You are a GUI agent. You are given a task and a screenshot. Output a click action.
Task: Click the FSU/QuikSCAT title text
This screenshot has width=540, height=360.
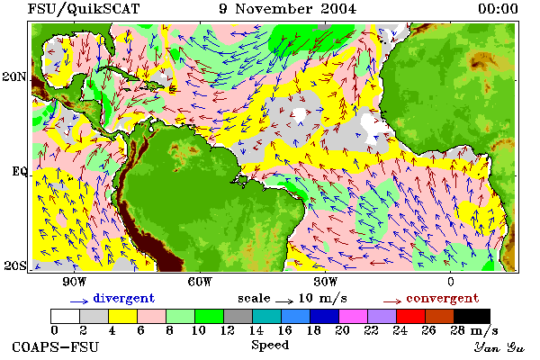(84, 9)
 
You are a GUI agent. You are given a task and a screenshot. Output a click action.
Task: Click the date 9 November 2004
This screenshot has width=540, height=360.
(288, 9)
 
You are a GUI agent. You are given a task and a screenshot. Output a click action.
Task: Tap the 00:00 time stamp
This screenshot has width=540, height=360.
(498, 9)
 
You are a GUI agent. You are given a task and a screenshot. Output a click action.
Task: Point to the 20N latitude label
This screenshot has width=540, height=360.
(14, 76)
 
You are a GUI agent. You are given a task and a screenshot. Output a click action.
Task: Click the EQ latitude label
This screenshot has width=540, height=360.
(19, 171)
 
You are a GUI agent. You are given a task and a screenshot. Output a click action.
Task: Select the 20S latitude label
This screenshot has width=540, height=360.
(15, 265)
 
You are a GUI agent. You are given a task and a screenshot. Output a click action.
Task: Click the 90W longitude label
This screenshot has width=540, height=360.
(74, 282)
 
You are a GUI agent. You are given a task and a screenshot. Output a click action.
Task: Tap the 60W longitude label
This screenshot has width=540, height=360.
(200, 282)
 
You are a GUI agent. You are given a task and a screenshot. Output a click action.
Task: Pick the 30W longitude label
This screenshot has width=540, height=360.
(326, 282)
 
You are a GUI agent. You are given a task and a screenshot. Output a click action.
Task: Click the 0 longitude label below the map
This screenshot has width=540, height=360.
(451, 282)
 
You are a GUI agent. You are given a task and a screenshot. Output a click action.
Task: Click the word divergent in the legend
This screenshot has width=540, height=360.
(124, 298)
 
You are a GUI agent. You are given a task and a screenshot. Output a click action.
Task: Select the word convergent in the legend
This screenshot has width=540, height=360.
(443, 298)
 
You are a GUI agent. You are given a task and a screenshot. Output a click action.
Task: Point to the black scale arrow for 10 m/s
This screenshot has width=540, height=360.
(284, 301)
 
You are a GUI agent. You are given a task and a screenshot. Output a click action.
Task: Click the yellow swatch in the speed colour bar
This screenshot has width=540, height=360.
(122, 316)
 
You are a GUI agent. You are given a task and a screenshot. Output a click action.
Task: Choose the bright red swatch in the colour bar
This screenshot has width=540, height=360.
(410, 316)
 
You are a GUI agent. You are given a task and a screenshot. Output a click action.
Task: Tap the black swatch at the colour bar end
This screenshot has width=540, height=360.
(472, 316)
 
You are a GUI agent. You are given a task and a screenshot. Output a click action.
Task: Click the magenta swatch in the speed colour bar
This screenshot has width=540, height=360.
(353, 316)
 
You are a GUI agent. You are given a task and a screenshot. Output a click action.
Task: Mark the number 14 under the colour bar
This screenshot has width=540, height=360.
(256, 330)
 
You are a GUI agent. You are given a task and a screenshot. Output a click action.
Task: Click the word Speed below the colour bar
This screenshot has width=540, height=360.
(270, 346)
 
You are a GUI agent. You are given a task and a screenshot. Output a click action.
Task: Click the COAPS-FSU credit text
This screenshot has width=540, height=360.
(56, 346)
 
